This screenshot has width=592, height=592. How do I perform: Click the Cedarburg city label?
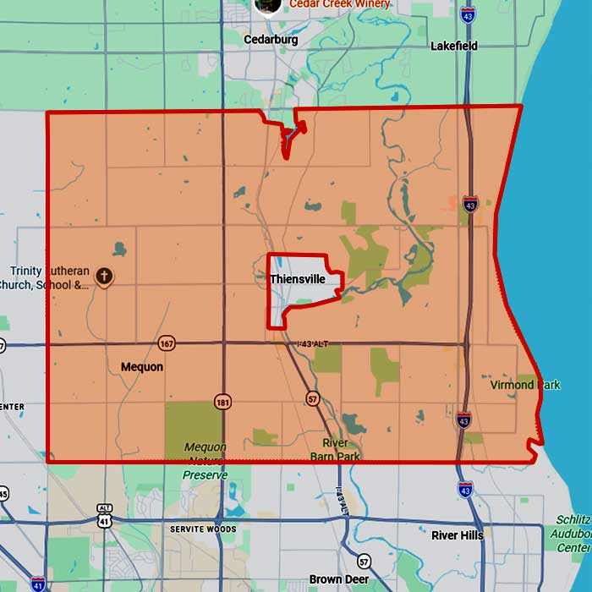click(x=272, y=40)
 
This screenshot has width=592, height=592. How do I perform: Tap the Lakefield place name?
click(x=454, y=46)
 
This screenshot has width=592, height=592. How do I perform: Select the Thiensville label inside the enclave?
click(x=298, y=279)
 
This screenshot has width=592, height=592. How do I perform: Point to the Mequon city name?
click(x=142, y=367)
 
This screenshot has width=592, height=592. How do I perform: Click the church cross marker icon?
click(x=104, y=276)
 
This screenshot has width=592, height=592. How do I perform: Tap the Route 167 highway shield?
click(x=167, y=343)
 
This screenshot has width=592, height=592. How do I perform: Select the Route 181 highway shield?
click(x=222, y=401)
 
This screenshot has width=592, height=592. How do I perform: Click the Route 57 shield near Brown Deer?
click(x=364, y=562)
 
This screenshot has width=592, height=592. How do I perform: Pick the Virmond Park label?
click(x=525, y=385)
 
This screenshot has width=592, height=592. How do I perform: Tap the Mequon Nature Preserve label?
click(x=205, y=461)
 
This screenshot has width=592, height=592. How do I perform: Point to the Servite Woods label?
click(x=202, y=529)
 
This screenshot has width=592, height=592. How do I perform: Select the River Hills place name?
click(x=457, y=535)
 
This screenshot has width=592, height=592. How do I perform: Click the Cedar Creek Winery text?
click(x=339, y=4)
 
